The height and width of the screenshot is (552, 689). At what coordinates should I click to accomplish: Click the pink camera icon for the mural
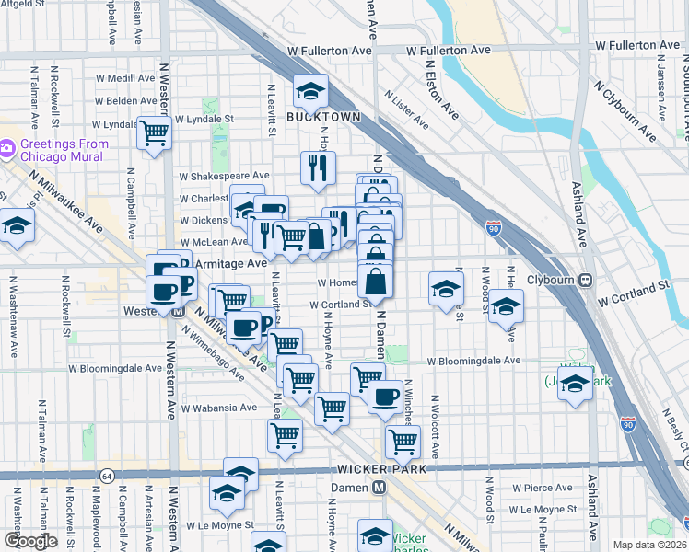[7, 147]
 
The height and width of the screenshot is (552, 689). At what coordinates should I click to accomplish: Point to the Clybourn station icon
[584, 280]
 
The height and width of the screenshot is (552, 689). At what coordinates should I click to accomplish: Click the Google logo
[30, 541]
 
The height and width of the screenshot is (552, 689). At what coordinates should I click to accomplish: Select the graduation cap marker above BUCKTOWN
[311, 91]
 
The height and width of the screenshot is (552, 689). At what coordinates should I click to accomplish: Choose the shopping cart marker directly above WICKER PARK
[403, 442]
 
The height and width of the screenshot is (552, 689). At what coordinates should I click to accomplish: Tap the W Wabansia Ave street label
[219, 408]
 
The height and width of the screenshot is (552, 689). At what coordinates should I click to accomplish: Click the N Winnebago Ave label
[212, 360]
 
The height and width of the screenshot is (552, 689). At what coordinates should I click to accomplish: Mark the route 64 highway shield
[108, 476]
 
